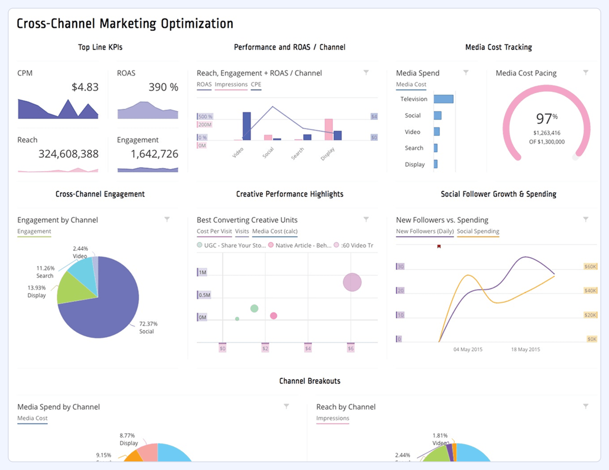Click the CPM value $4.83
85,87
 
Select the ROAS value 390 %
163,87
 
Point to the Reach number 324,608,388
68,154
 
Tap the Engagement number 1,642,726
154,154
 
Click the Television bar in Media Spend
443,99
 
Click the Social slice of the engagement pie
101,312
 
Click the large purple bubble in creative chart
352,282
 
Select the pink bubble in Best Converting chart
274,316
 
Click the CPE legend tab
256,85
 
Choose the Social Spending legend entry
478,231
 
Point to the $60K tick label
590,267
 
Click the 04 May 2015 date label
468,349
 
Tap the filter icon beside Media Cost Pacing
586,73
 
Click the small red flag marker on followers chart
439,247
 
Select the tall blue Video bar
247,126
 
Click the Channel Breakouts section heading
310,381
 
